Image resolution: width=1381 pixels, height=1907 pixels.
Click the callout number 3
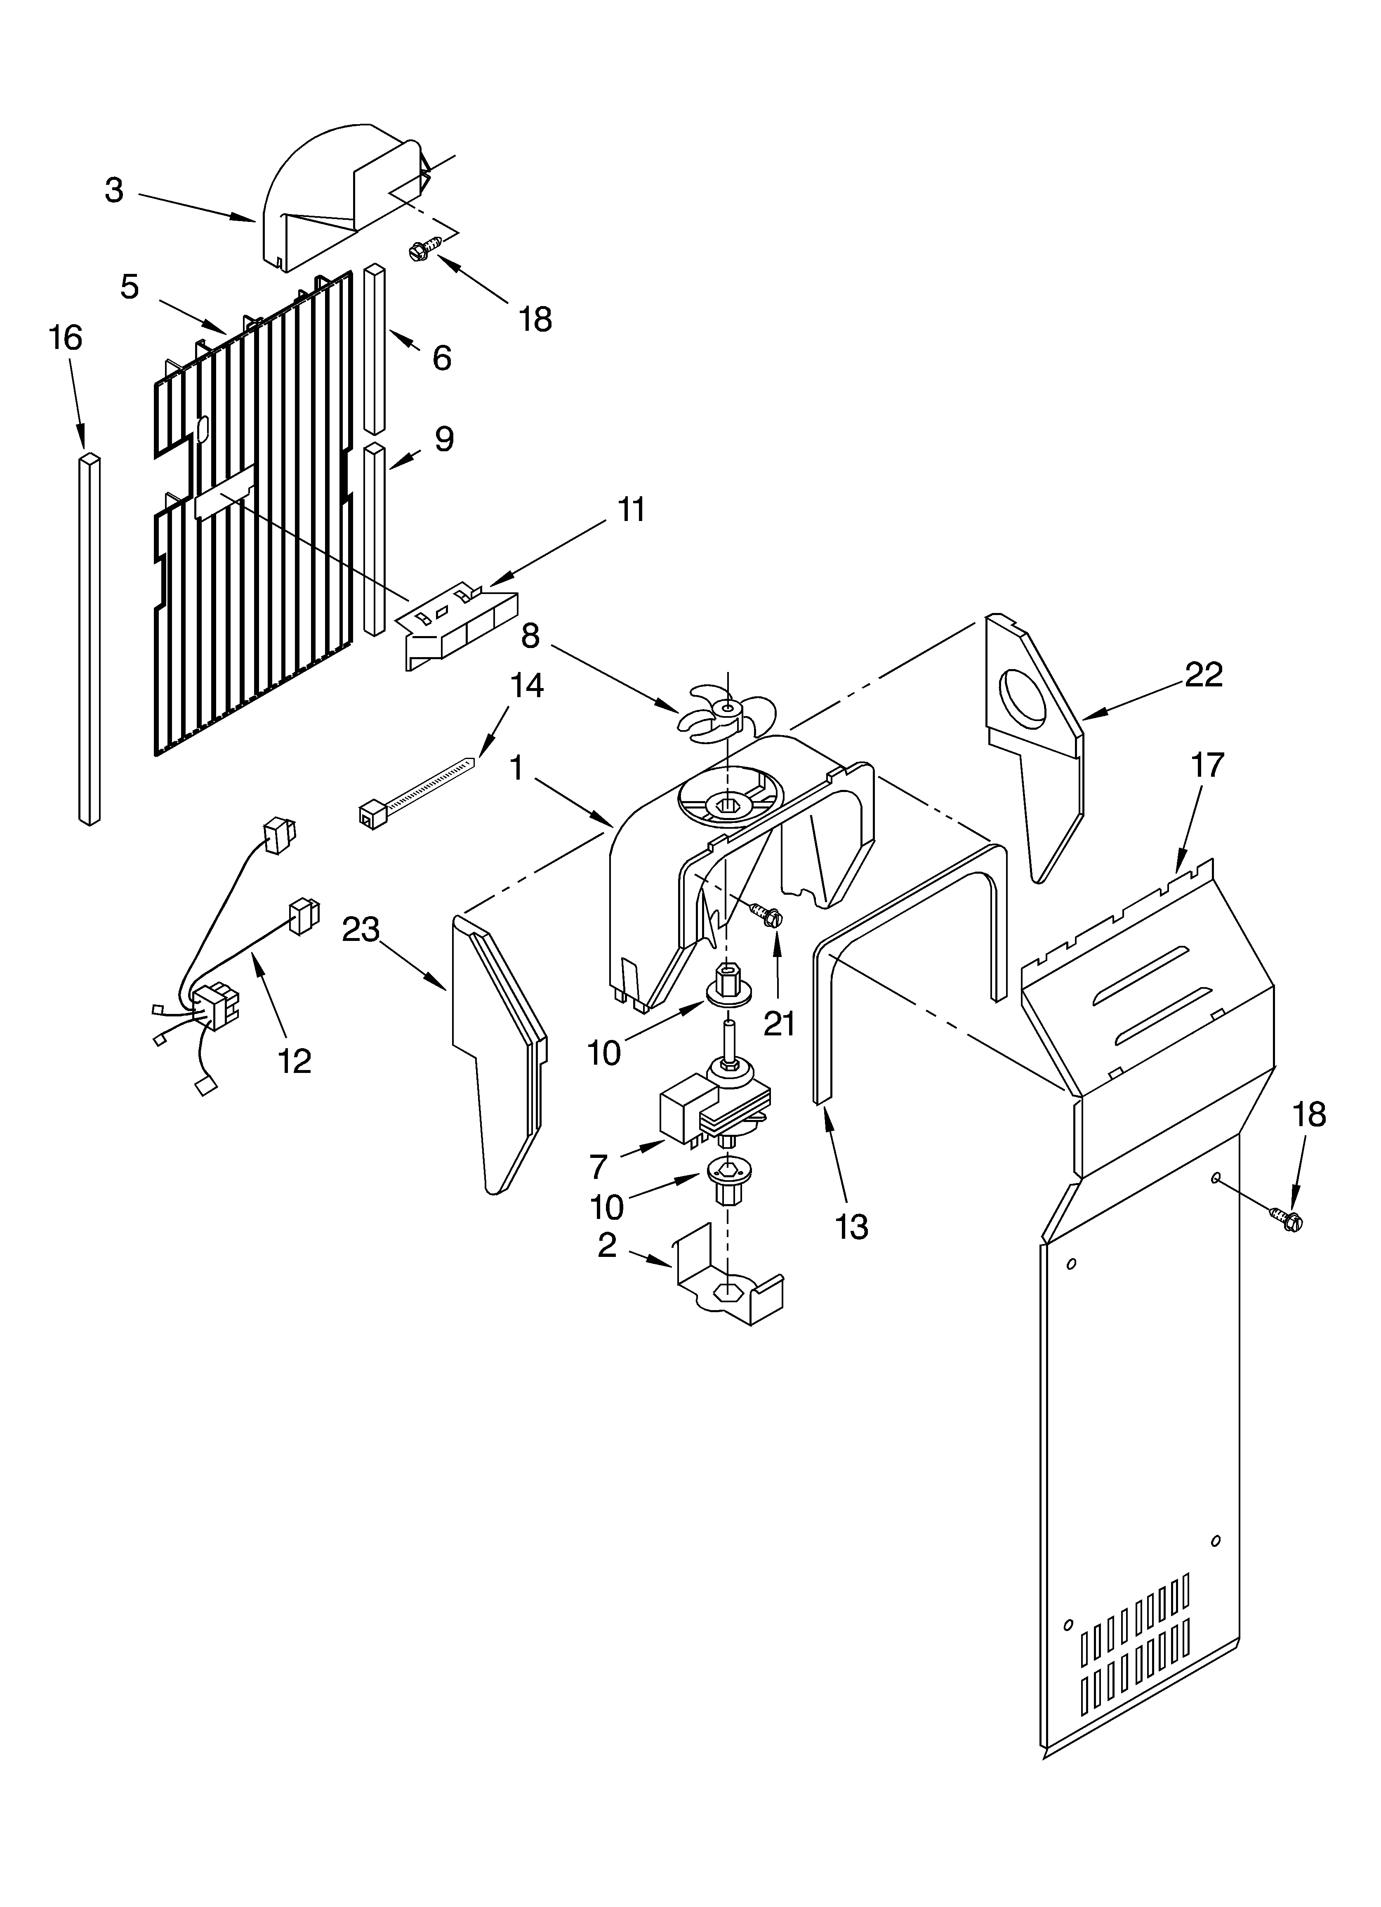click(x=114, y=191)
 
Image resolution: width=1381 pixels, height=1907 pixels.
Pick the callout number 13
click(x=852, y=1227)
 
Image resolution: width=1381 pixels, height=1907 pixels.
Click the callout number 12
click(x=295, y=1061)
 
